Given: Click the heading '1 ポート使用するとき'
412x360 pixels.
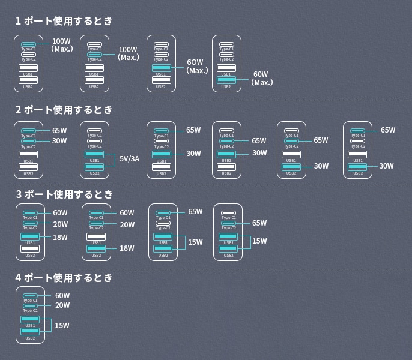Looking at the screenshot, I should [64, 21].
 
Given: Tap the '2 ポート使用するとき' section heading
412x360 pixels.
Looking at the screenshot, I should [64, 110].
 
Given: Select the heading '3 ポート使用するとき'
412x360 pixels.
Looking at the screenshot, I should [64, 194].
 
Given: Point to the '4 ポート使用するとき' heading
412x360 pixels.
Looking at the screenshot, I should [64, 278].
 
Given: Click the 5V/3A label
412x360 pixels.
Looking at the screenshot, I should [129, 159].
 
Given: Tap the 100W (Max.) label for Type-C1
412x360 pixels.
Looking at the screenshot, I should [62, 45].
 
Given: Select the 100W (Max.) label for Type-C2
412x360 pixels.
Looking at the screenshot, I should [129, 53].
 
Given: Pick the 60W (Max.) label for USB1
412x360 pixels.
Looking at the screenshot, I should [196, 66].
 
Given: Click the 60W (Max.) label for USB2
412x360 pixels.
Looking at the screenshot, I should [262, 79].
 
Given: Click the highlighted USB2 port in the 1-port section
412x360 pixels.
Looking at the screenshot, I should [226, 80].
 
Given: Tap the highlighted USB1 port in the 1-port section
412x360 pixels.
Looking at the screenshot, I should [161, 68].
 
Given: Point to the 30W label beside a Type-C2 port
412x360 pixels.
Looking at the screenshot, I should [59, 141].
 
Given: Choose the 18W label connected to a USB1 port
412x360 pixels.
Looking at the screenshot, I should [60, 238].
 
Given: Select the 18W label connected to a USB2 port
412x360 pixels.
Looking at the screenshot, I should [127, 248].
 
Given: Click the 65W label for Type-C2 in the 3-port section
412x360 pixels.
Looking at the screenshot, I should [259, 223].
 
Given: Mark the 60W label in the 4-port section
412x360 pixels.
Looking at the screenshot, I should [62, 296].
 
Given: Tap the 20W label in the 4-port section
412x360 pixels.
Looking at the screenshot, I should [62, 305].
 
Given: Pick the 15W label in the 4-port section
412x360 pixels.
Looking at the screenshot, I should [62, 326].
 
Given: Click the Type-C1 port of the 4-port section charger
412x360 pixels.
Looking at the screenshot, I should [30, 296].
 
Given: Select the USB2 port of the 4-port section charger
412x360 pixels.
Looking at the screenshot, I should [30, 331].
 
